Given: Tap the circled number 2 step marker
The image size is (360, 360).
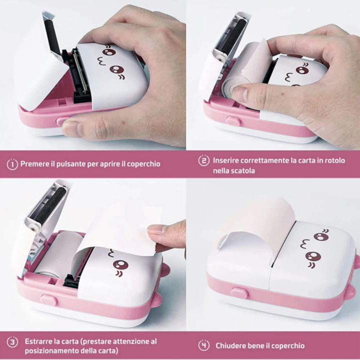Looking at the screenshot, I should click(203, 160).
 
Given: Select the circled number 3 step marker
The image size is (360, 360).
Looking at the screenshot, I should click(12, 342).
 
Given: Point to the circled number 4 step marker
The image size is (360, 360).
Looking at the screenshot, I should click(203, 345).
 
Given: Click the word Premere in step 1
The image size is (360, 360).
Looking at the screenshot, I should click(35, 163).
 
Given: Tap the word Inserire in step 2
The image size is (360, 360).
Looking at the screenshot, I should click(227, 160).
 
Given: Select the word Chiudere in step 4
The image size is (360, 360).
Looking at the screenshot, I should click(231, 345).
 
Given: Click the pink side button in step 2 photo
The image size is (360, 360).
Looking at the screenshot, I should click(233, 120).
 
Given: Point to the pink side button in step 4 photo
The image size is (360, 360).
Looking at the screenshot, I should click(239, 292).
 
